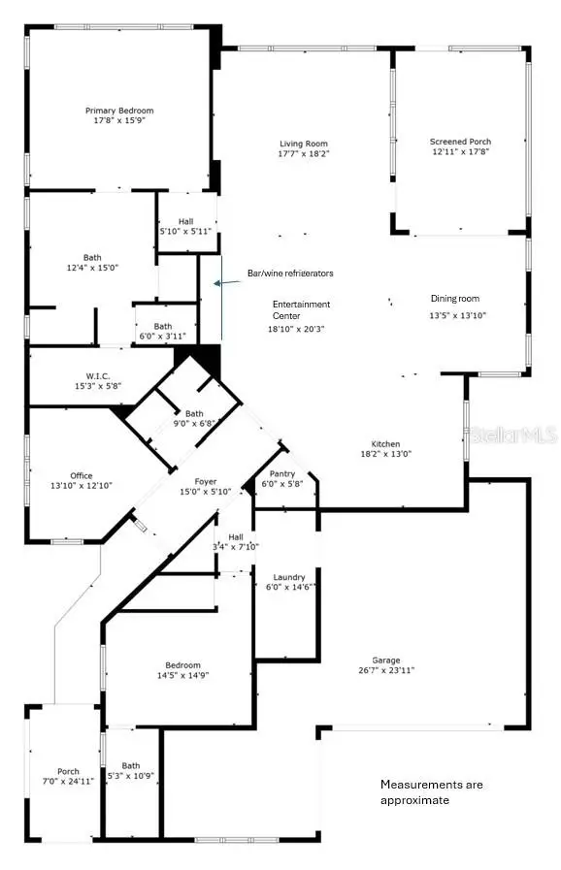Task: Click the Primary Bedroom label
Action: click(x=118, y=112)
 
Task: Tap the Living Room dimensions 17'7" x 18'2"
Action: click(x=303, y=153)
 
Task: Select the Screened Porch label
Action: click(x=460, y=142)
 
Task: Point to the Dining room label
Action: click(x=455, y=299)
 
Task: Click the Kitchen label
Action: click(x=385, y=444)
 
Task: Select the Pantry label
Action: click(x=282, y=474)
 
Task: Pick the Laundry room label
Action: click(x=289, y=576)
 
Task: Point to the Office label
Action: click(x=82, y=475)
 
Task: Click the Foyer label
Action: click(x=205, y=482)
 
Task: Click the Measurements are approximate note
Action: click(x=431, y=791)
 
